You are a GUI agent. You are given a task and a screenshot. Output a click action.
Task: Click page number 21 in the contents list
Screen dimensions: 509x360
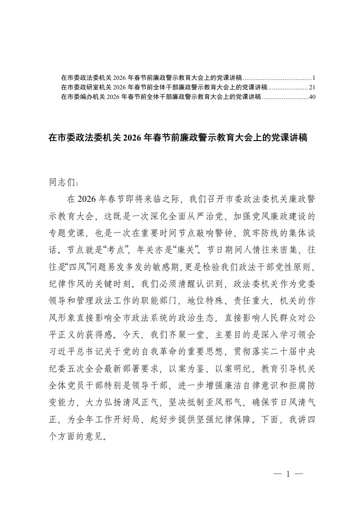pyautogui.click(x=311, y=87)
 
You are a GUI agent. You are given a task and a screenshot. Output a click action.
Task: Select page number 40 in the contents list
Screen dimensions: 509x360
pyautogui.click(x=311, y=97)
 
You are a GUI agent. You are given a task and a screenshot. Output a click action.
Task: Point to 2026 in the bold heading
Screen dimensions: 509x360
pyautogui.click(x=132, y=138)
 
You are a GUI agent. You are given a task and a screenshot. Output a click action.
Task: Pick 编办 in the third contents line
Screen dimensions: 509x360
pyautogui.click(x=86, y=97)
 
